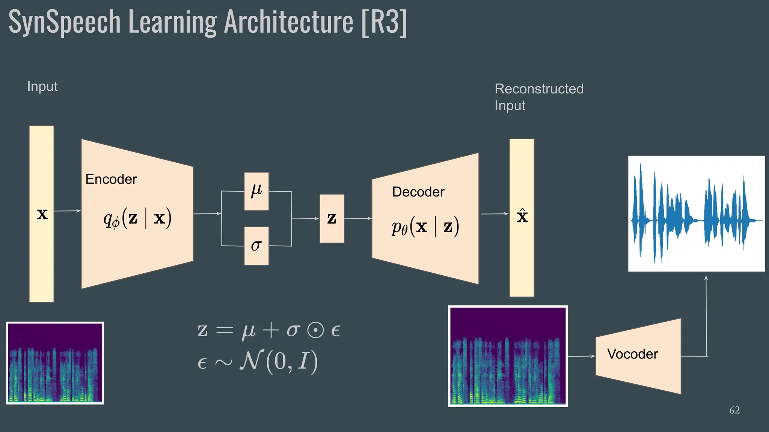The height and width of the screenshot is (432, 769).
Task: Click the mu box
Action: click(x=256, y=191)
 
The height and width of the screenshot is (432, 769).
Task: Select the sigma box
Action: click(x=256, y=246)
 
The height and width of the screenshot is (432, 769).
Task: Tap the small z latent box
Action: click(x=332, y=219)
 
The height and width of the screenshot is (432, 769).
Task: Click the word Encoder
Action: click(x=111, y=179)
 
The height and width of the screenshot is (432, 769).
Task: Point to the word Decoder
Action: click(x=418, y=192)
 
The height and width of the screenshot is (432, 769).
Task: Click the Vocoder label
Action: click(x=633, y=354)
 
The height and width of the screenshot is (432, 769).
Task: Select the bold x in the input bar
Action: click(x=42, y=214)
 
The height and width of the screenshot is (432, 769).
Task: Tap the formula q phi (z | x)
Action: click(x=137, y=218)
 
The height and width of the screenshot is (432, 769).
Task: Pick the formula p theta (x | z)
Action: click(x=425, y=226)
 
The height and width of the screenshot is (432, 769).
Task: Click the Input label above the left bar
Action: click(x=42, y=87)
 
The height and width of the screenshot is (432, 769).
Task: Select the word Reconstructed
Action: click(x=539, y=89)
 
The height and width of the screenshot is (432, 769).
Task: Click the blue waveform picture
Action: click(x=696, y=214)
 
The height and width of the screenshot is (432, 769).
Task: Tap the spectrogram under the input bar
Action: click(x=55, y=363)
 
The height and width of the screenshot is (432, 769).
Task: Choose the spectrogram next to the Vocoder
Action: click(x=508, y=356)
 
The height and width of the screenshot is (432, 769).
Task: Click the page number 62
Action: click(x=734, y=410)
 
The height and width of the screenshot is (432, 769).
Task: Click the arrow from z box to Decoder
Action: click(x=357, y=219)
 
